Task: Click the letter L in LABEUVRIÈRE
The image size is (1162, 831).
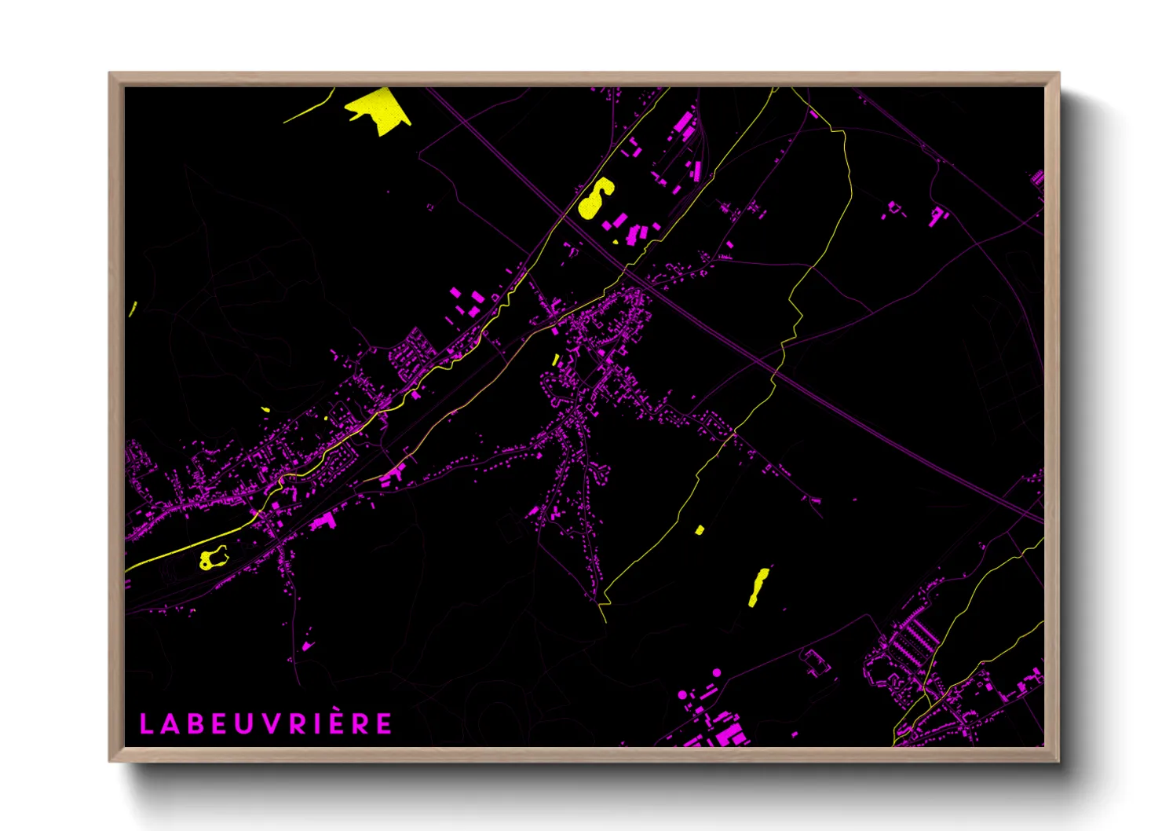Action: click(x=146, y=724)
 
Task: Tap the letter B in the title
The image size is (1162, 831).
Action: click(x=195, y=724)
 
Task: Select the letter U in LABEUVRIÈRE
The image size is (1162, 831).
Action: click(x=243, y=724)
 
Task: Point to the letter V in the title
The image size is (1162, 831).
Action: click(x=269, y=724)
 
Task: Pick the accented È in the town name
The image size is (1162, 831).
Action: click(x=335, y=723)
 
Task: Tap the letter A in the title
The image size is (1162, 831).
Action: click(x=170, y=724)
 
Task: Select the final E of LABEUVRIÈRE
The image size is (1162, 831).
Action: click(x=384, y=724)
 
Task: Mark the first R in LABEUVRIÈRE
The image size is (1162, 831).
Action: click(x=294, y=724)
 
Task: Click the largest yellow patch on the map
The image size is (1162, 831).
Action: click(x=378, y=108)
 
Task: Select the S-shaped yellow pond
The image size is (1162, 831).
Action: click(x=596, y=198)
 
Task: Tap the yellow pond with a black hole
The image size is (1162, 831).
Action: click(x=211, y=558)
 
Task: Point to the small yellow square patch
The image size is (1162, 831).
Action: click(x=699, y=530)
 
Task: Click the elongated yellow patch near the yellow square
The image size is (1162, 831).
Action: click(x=758, y=587)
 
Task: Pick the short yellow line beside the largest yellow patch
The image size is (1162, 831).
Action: click(x=309, y=109)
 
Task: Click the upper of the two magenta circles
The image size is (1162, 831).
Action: click(x=716, y=673)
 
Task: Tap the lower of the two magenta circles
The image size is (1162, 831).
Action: click(x=682, y=695)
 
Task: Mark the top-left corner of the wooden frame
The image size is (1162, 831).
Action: click(x=110, y=74)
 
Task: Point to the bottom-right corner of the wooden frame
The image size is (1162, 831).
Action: click(x=1058, y=760)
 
